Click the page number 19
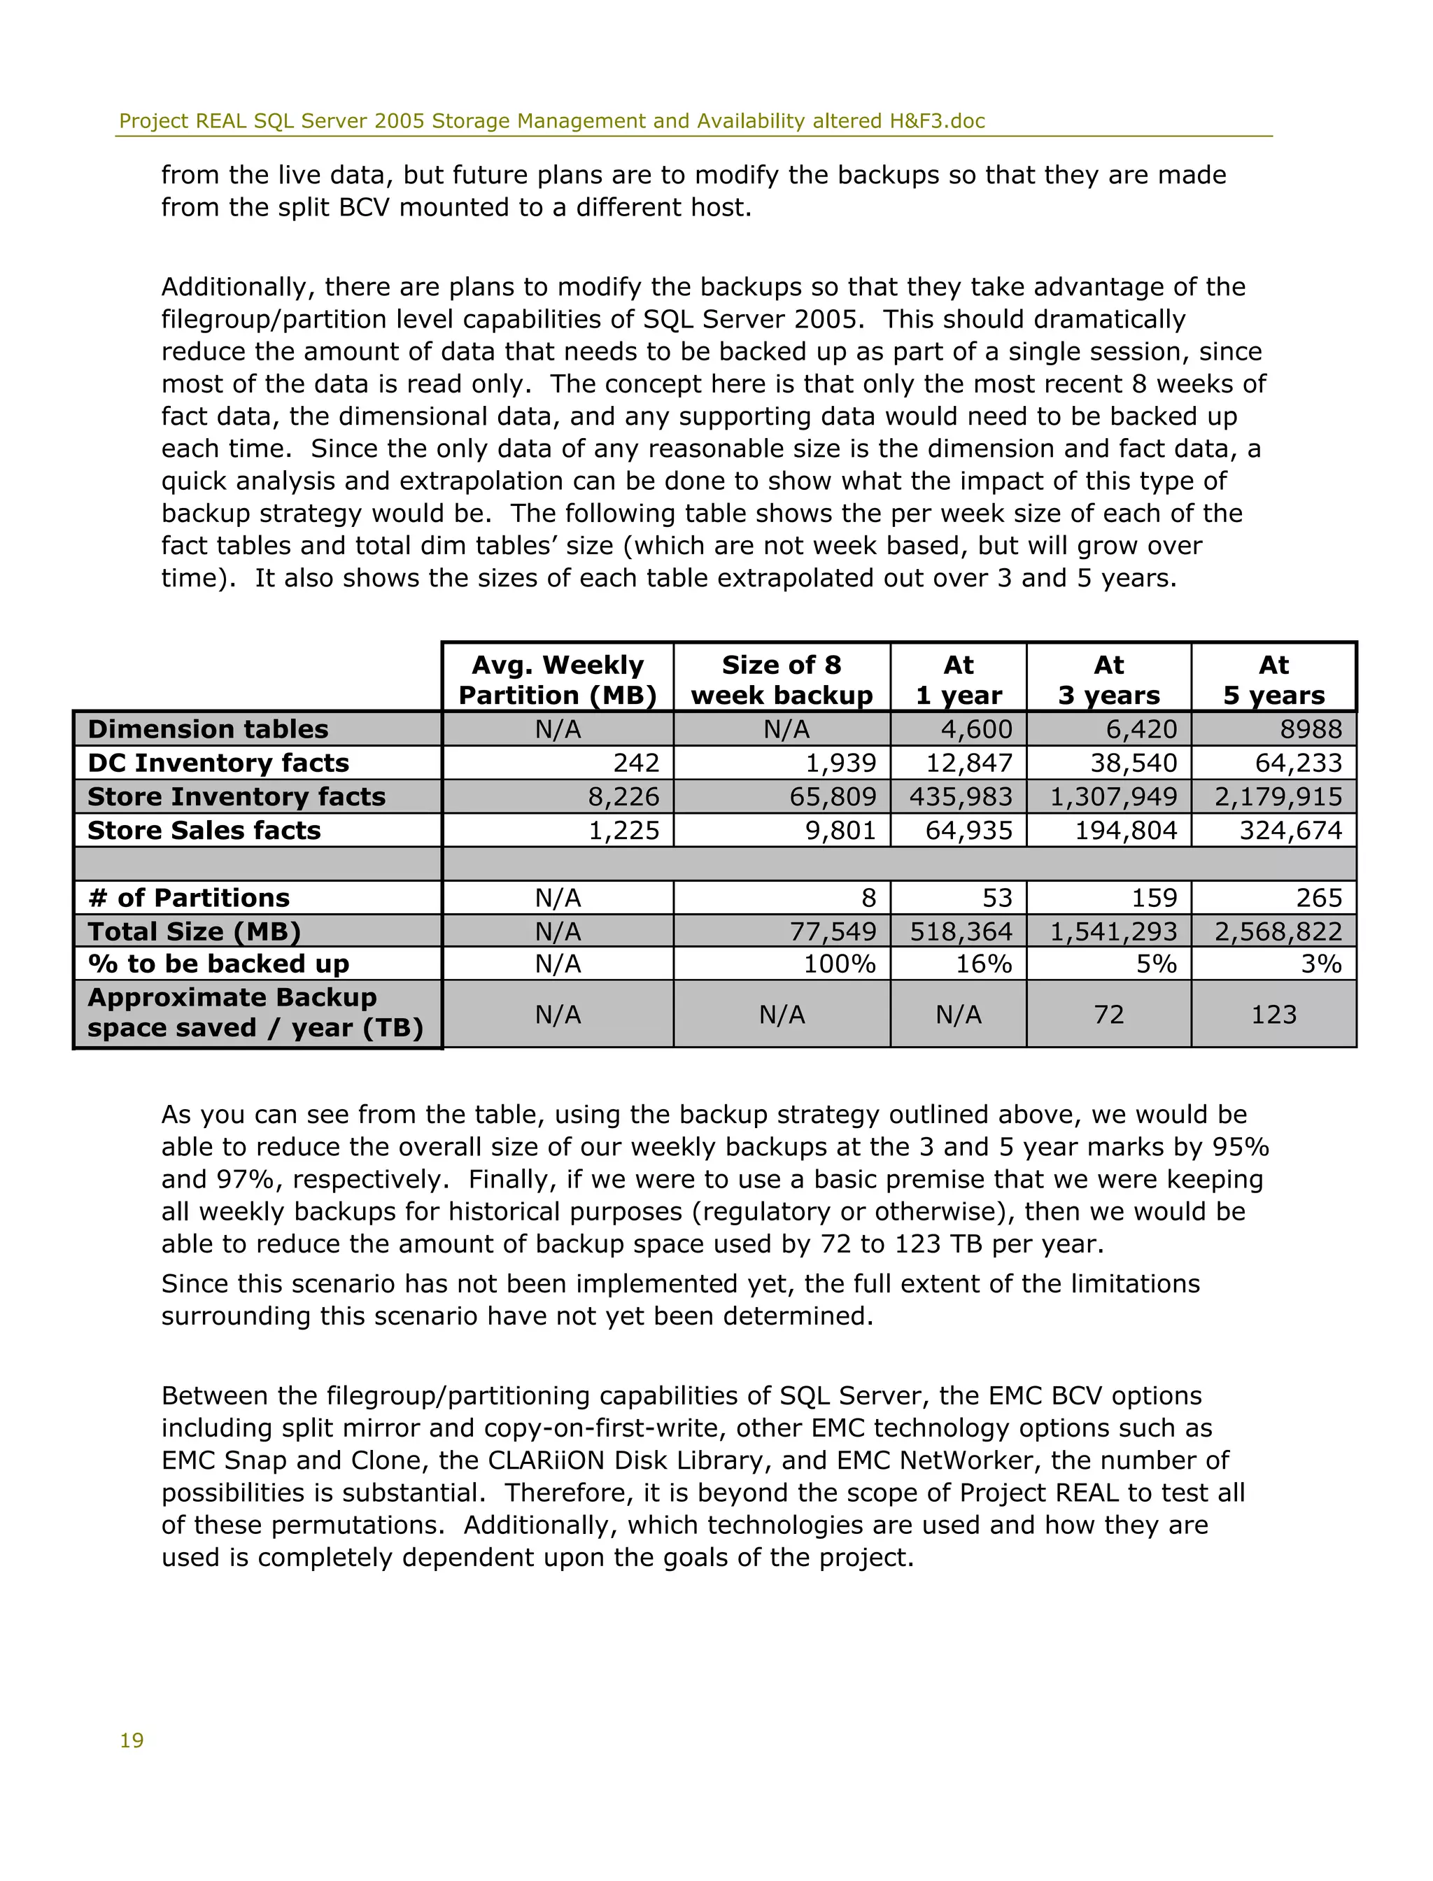pos(132,1740)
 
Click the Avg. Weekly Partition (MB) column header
pos(557,680)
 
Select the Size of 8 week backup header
pos(782,680)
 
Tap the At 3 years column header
pos(1108,680)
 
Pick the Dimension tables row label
pos(208,729)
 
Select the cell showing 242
pos(636,763)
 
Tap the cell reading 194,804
pos(1125,830)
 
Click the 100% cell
pos(840,964)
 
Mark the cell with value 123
pos(1273,1014)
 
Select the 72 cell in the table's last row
pos(1108,1014)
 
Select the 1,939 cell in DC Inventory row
pos(840,763)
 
